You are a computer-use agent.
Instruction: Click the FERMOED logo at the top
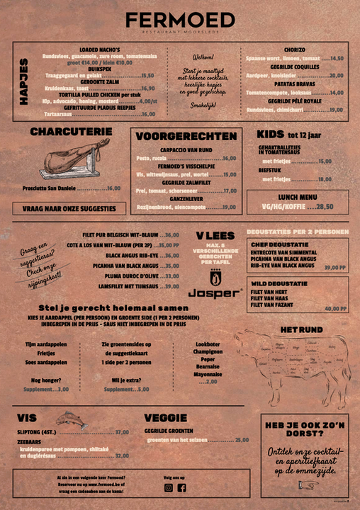point(180,20)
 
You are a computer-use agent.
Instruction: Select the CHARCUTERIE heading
point(71,132)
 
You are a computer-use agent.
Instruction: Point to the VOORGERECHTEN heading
point(186,136)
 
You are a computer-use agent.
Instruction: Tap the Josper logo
point(216,286)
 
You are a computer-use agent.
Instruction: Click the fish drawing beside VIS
point(70,419)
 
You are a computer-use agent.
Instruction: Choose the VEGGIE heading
point(165,418)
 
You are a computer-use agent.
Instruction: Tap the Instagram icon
point(169,487)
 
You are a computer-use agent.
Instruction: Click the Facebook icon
point(181,487)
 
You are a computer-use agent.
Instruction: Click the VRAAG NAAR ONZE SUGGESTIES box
point(69,208)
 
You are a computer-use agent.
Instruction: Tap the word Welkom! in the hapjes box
point(203,57)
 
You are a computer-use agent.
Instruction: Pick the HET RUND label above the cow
point(301,330)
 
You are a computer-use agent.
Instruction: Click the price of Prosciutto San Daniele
point(113,188)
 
